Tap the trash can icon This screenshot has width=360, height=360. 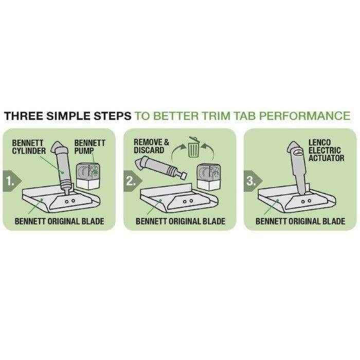pyautogui.click(x=193, y=150)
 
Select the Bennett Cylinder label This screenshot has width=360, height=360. pyautogui.click(x=28, y=146)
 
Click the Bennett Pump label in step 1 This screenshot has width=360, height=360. pyautogui.click(x=89, y=146)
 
